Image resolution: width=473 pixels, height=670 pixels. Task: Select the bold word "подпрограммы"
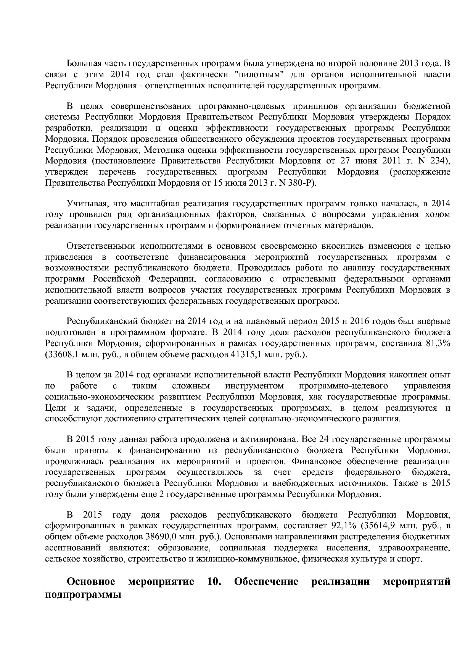pyautogui.click(x=83, y=595)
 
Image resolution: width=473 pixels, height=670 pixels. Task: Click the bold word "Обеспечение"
pyautogui.click(x=266, y=582)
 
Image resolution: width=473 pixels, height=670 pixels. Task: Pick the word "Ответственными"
pyautogui.click(x=99, y=246)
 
